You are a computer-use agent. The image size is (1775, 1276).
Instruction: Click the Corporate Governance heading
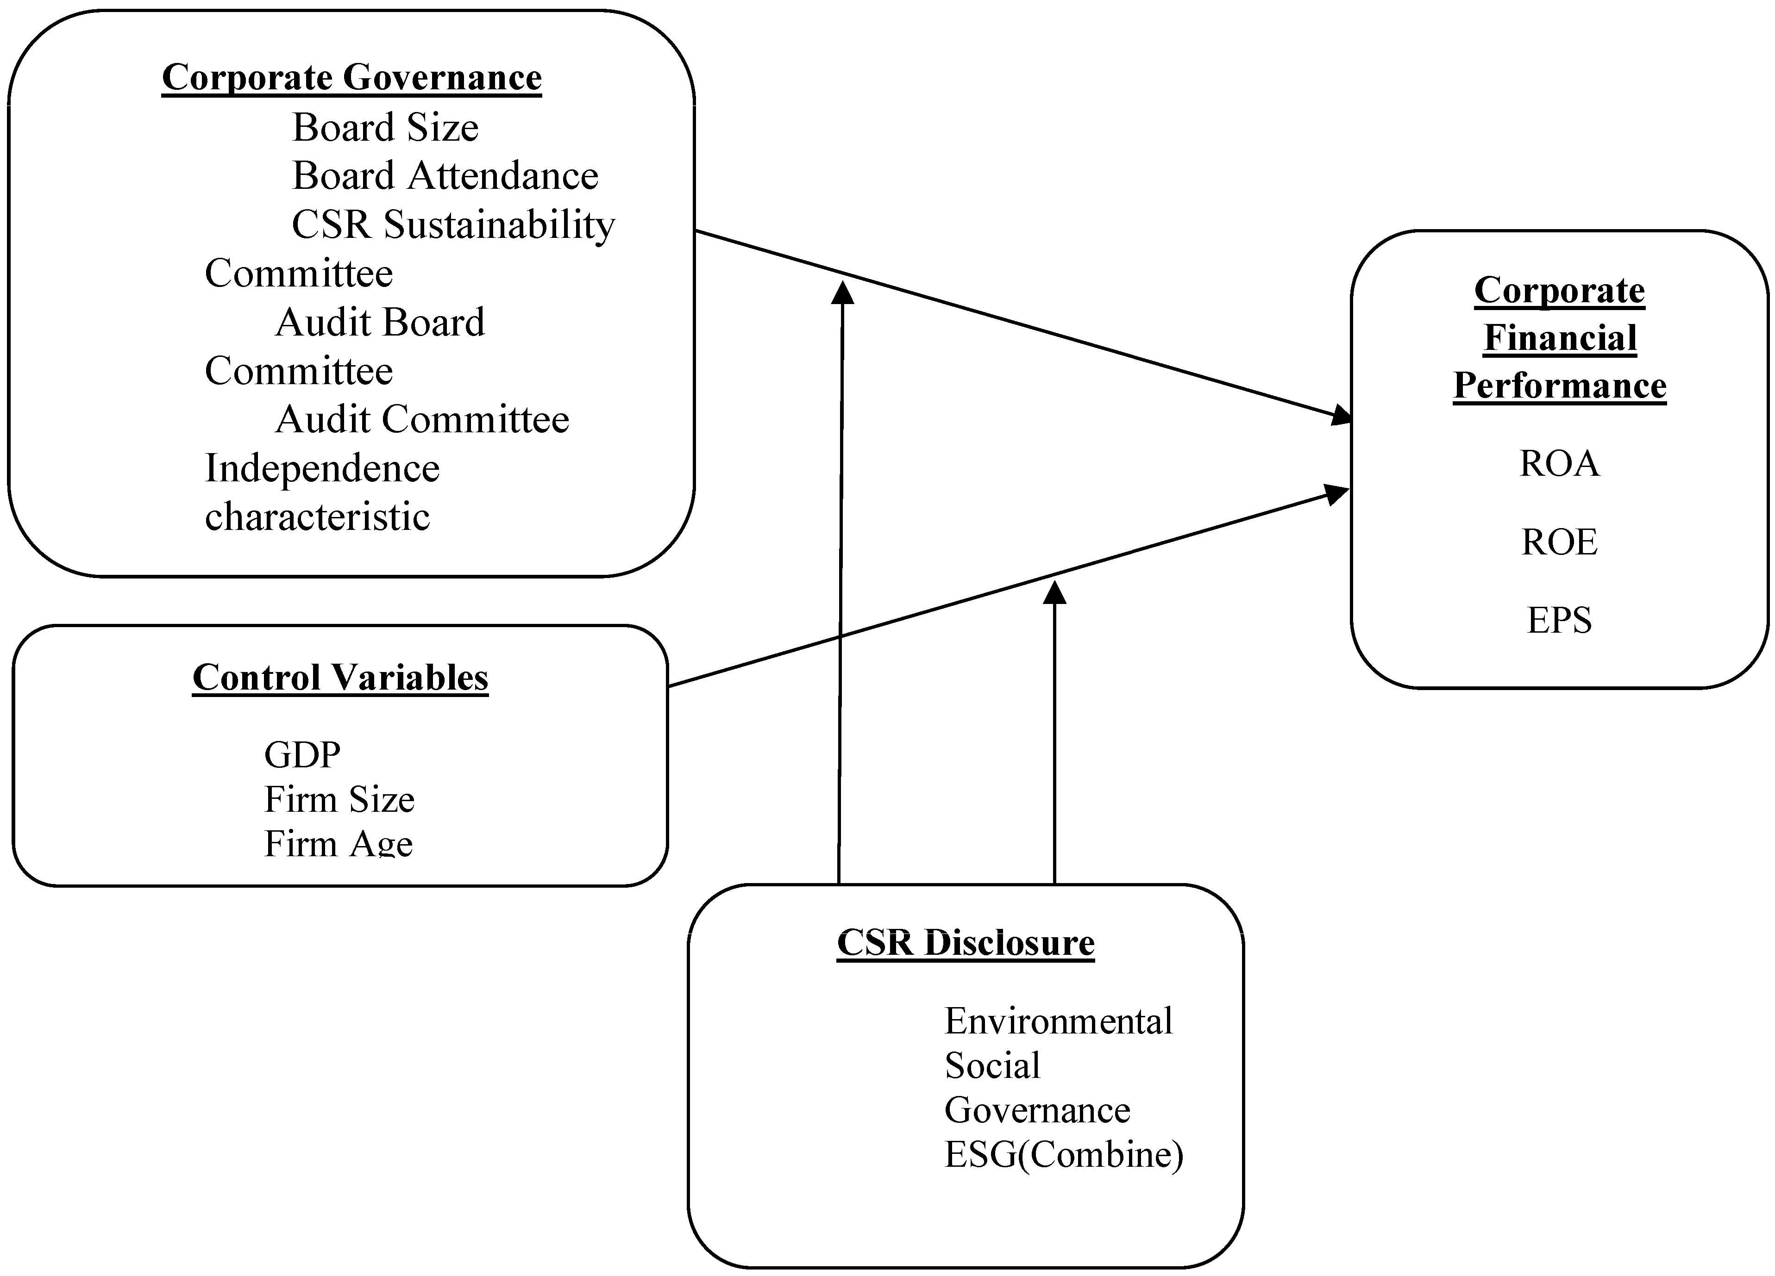point(351,77)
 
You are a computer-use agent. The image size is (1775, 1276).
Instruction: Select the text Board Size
point(385,128)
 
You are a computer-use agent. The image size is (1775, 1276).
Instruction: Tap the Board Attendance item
point(445,176)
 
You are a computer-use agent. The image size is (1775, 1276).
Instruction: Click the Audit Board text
point(380,322)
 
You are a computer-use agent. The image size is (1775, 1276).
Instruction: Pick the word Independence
point(322,469)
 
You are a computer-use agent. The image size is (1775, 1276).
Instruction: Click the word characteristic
point(317,517)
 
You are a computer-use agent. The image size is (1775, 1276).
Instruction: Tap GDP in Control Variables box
point(302,755)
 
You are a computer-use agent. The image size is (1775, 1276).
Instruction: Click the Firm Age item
point(338,843)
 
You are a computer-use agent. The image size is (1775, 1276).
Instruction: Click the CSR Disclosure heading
point(965,943)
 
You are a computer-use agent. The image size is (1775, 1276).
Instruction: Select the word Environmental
point(1058,1021)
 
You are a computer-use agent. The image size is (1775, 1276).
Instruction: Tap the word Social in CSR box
point(991,1065)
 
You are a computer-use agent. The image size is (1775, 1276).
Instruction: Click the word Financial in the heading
point(1560,338)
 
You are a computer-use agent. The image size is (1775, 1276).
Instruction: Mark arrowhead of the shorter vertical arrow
point(1055,593)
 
